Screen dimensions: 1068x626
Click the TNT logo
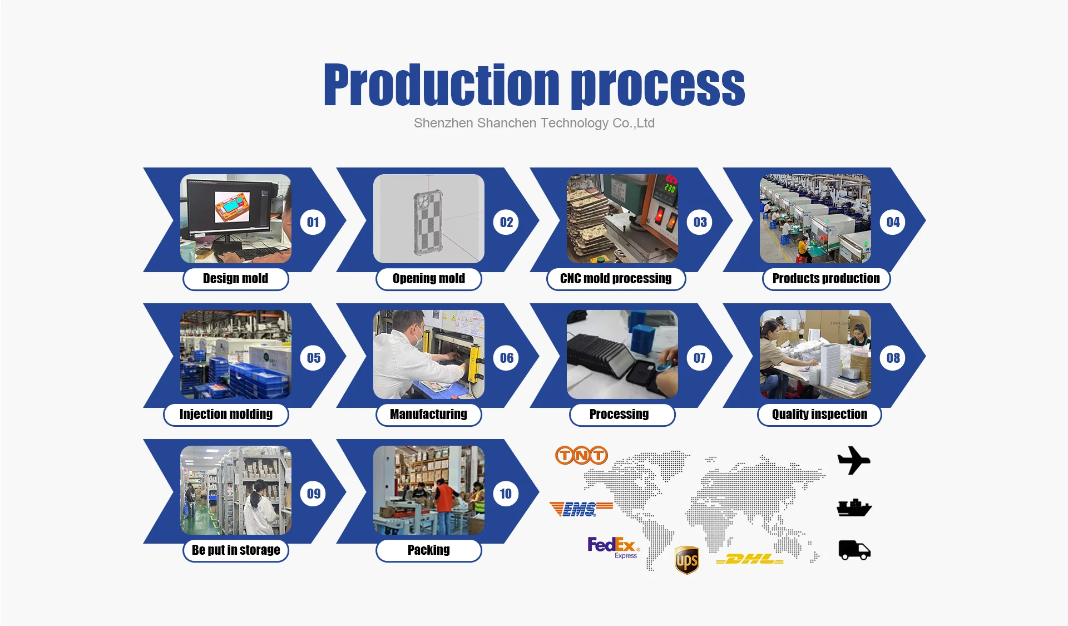pos(581,455)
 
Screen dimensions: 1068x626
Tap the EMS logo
pos(581,509)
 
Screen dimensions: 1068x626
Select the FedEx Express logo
pos(614,547)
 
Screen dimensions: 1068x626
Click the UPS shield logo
pos(687,560)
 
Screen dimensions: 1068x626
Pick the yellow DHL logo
pos(750,559)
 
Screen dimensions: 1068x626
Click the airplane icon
pos(854,460)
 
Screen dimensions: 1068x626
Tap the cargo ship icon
pos(854,507)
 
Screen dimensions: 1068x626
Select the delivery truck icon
pos(854,550)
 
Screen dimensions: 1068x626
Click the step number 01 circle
pos(313,222)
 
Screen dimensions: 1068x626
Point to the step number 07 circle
pos(700,358)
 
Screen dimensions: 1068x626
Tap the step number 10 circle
pos(506,494)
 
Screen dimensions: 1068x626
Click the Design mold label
pos(236,279)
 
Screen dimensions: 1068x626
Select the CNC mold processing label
pos(616,279)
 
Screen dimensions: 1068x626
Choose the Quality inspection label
pos(819,415)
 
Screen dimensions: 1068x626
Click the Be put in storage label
pos(236,550)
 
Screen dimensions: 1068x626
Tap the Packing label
pos(429,550)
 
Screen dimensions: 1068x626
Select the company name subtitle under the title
pos(534,123)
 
